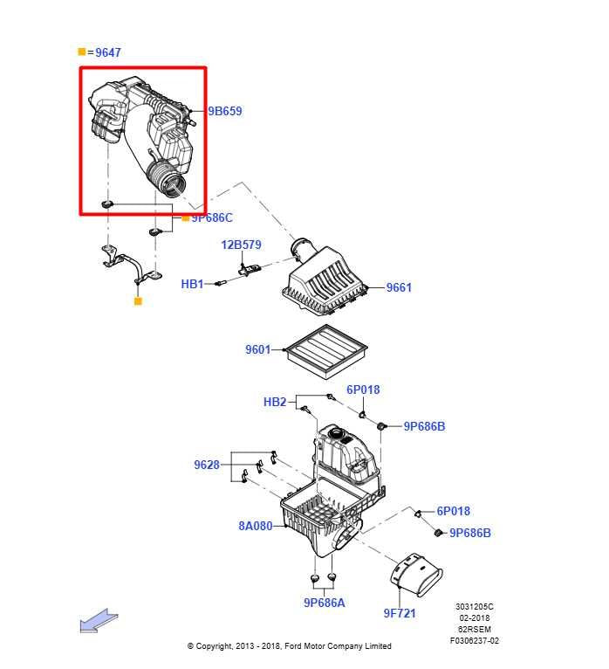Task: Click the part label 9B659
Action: tap(225, 112)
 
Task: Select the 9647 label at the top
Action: tap(108, 53)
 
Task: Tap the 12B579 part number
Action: tap(241, 245)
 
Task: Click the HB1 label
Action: tap(192, 285)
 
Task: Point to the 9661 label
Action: tap(399, 287)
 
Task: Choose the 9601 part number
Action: tap(258, 350)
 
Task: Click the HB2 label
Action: tap(275, 403)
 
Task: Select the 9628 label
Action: tap(207, 466)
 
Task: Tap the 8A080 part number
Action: tap(256, 526)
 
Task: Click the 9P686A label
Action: tap(325, 603)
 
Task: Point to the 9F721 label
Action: tap(400, 613)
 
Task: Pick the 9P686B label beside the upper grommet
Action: tap(424, 427)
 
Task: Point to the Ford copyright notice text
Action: tap(290, 646)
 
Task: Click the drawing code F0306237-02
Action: tap(475, 640)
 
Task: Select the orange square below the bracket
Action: tap(138, 301)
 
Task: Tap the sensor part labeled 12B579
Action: tap(251, 269)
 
